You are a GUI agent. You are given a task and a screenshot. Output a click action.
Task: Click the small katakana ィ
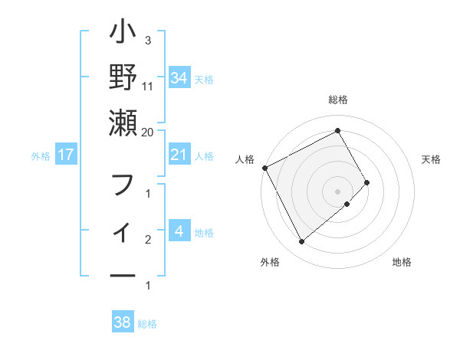(123, 231)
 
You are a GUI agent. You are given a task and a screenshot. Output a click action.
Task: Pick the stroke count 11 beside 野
(148, 86)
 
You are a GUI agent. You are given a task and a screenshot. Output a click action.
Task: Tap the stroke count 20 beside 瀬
(148, 132)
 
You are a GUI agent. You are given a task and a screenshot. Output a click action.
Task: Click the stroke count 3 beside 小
(148, 40)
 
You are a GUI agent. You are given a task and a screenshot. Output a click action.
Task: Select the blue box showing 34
(179, 77)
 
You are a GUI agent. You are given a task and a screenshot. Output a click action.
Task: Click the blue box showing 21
(179, 155)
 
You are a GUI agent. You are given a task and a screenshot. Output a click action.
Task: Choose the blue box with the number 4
(179, 232)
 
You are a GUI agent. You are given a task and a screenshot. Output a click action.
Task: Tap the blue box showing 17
(66, 155)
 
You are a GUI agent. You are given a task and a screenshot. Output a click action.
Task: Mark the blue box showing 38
(123, 323)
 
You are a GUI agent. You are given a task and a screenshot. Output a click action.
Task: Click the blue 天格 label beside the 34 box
(204, 79)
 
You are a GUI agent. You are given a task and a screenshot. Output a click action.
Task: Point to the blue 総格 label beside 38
(148, 324)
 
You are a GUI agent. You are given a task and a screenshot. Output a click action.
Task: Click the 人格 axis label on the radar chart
(245, 159)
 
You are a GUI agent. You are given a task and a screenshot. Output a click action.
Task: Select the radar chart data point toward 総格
(337, 130)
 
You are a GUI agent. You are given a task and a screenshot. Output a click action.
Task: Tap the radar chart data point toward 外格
(301, 241)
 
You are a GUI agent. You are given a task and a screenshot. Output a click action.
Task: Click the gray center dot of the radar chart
(337, 191)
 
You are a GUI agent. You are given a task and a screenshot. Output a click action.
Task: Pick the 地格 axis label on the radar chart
(402, 262)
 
